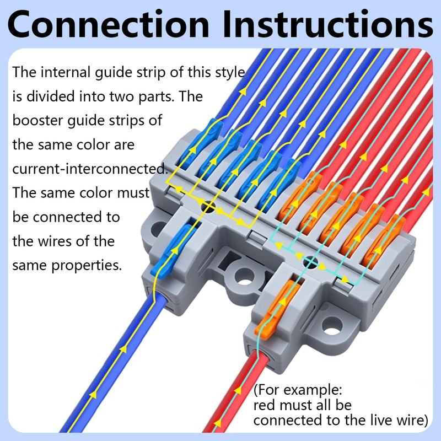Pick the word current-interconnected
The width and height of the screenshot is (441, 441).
pos(88,169)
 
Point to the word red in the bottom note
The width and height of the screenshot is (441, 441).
pos(265,406)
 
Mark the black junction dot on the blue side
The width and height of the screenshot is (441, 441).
pos(208,207)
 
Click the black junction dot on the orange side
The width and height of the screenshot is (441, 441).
pos(311,262)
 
